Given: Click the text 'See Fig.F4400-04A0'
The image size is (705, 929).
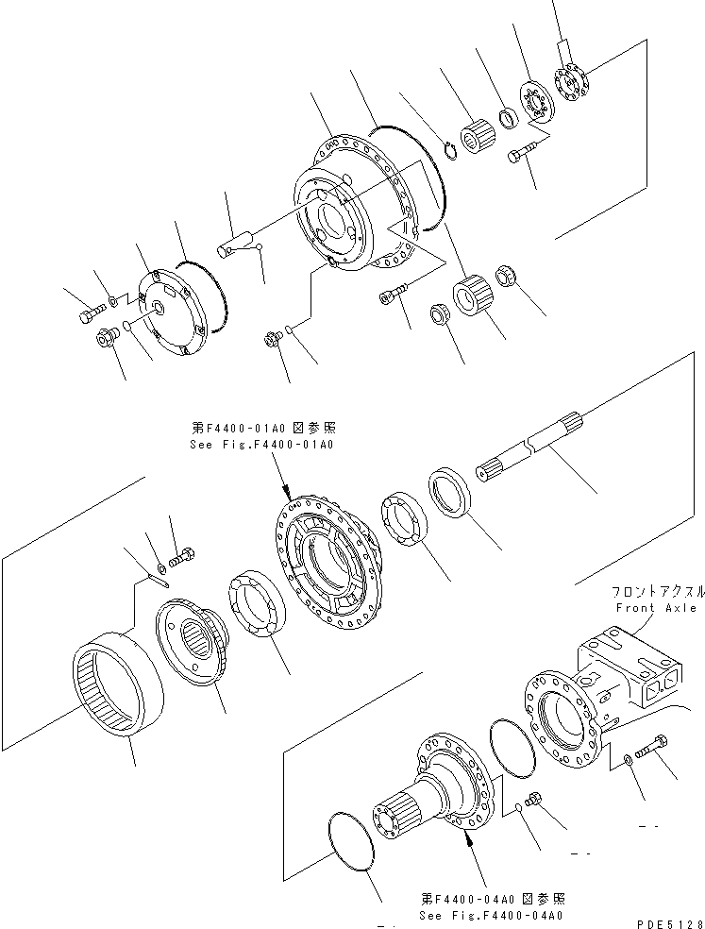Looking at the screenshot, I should pyautogui.click(x=491, y=915).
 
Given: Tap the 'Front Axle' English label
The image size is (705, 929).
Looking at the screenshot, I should pyautogui.click(x=656, y=608).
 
